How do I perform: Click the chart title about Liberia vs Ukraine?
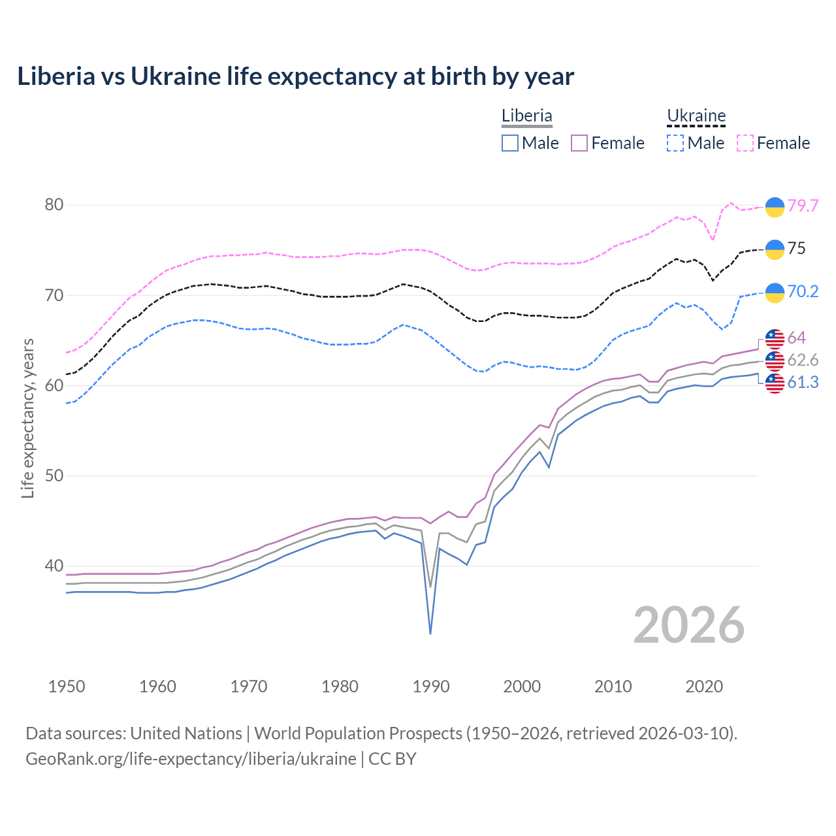tap(295, 76)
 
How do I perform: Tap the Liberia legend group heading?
tap(526, 116)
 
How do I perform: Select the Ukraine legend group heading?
tap(696, 116)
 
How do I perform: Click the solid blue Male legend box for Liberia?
tap(510, 143)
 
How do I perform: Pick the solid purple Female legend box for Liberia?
tap(580, 143)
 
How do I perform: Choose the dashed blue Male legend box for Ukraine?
tap(675, 143)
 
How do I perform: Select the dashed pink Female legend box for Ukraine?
tap(745, 143)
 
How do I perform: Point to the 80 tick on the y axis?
tap(54, 205)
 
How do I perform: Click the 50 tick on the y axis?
tap(54, 475)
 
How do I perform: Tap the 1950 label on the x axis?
tap(67, 686)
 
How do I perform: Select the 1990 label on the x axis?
tap(431, 686)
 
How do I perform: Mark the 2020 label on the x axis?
tap(704, 686)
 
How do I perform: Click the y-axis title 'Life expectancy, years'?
tap(27, 418)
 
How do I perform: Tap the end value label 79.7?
tap(803, 206)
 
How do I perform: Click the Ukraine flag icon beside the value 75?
tap(775, 249)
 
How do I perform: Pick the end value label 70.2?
tap(803, 291)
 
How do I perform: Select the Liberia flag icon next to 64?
tap(775, 338)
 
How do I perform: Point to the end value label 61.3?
tap(803, 383)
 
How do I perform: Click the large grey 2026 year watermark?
tap(689, 625)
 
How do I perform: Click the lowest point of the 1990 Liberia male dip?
tap(430, 634)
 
